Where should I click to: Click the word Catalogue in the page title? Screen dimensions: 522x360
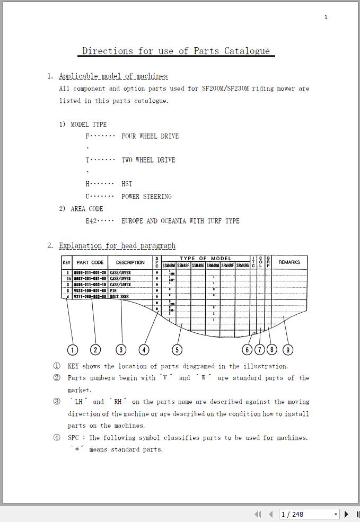pyautogui.click(x=247, y=51)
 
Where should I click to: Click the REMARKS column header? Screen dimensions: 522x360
pyautogui.click(x=289, y=262)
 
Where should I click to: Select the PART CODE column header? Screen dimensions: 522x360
pyautogui.click(x=90, y=262)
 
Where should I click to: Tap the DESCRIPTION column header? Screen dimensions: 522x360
pyautogui.click(x=130, y=262)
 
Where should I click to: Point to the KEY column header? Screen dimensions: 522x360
pyautogui.click(x=67, y=262)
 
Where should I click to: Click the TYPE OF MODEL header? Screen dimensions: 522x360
pyautogui.click(x=205, y=259)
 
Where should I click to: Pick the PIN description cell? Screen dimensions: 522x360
pyautogui.click(x=113, y=291)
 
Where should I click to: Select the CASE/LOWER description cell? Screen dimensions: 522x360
pyautogui.click(x=120, y=285)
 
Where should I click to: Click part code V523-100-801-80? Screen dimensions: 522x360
pyautogui.click(x=90, y=291)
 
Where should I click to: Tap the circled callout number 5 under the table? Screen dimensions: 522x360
pyautogui.click(x=177, y=350)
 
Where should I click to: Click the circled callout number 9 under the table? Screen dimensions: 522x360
pyautogui.click(x=287, y=350)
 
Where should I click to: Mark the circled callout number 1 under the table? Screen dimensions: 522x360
pyautogui.click(x=73, y=350)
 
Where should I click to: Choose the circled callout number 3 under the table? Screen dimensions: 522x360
pyautogui.click(x=121, y=350)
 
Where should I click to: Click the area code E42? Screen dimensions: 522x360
pyautogui.click(x=91, y=221)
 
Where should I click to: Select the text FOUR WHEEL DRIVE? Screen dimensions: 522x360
pyautogui.click(x=150, y=136)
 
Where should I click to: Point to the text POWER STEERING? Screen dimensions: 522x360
pyautogui.click(x=146, y=197)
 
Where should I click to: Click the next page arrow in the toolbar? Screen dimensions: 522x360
pyautogui.click(x=347, y=514)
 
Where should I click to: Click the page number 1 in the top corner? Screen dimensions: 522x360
pyautogui.click(x=326, y=17)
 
